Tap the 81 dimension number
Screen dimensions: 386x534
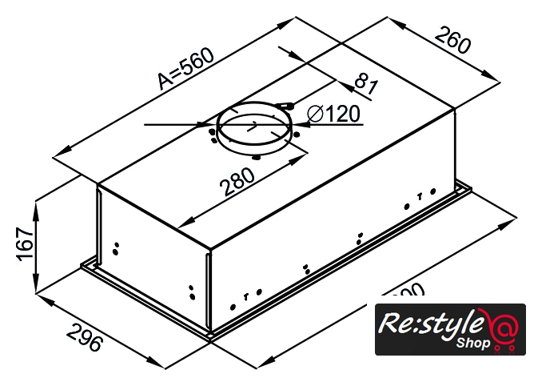[x=365, y=82]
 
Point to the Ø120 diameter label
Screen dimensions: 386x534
[x=335, y=114]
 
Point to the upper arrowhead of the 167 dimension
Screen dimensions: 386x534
[x=37, y=206]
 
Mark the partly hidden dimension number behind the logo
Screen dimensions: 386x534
[x=408, y=295]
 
